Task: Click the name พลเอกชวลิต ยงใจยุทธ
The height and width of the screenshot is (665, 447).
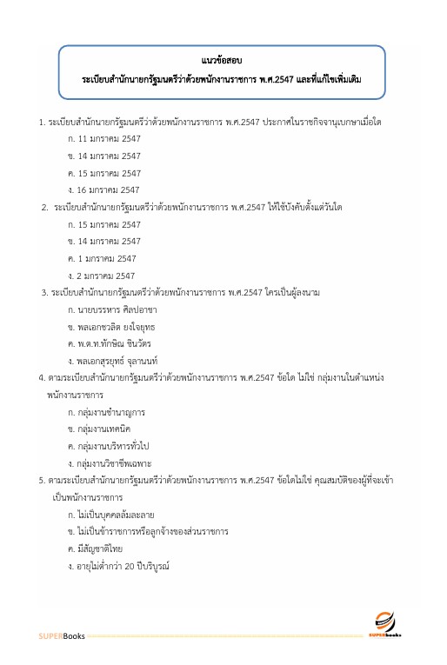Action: [117, 326]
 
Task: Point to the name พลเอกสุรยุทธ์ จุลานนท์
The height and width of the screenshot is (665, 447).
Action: [123, 360]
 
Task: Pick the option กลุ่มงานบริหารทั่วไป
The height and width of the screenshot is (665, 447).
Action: [113, 445]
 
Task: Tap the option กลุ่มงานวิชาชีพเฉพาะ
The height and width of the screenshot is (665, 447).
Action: [114, 462]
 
